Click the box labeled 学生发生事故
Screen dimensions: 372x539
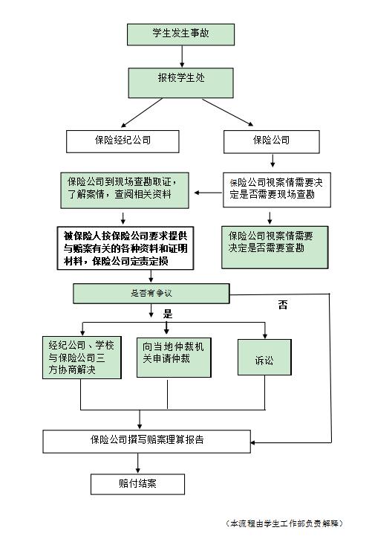click(181, 34)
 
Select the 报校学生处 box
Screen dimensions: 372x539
click(181, 83)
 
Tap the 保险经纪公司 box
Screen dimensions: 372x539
click(123, 141)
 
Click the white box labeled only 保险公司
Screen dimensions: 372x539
click(272, 141)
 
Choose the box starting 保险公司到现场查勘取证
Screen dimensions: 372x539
click(125, 190)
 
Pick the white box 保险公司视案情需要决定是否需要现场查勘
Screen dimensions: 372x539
click(277, 190)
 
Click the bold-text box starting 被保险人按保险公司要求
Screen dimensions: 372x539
click(125, 248)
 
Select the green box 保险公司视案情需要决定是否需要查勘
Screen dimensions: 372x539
click(275, 247)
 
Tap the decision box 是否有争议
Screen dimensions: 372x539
click(151, 294)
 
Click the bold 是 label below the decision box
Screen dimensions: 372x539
click(168, 314)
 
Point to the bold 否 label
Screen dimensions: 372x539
click(283, 305)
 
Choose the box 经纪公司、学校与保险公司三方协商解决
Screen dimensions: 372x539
click(82, 358)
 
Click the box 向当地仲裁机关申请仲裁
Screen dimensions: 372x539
click(174, 358)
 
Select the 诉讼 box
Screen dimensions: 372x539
click(264, 357)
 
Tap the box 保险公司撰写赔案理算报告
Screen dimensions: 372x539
click(147, 441)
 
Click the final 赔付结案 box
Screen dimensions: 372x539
click(137, 484)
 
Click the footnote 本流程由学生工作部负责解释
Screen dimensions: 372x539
click(284, 523)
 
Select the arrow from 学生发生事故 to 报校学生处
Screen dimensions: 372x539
click(182, 57)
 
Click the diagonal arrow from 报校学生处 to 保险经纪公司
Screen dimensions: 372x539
click(141, 113)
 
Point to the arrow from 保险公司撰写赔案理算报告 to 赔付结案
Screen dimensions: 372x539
click(138, 463)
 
